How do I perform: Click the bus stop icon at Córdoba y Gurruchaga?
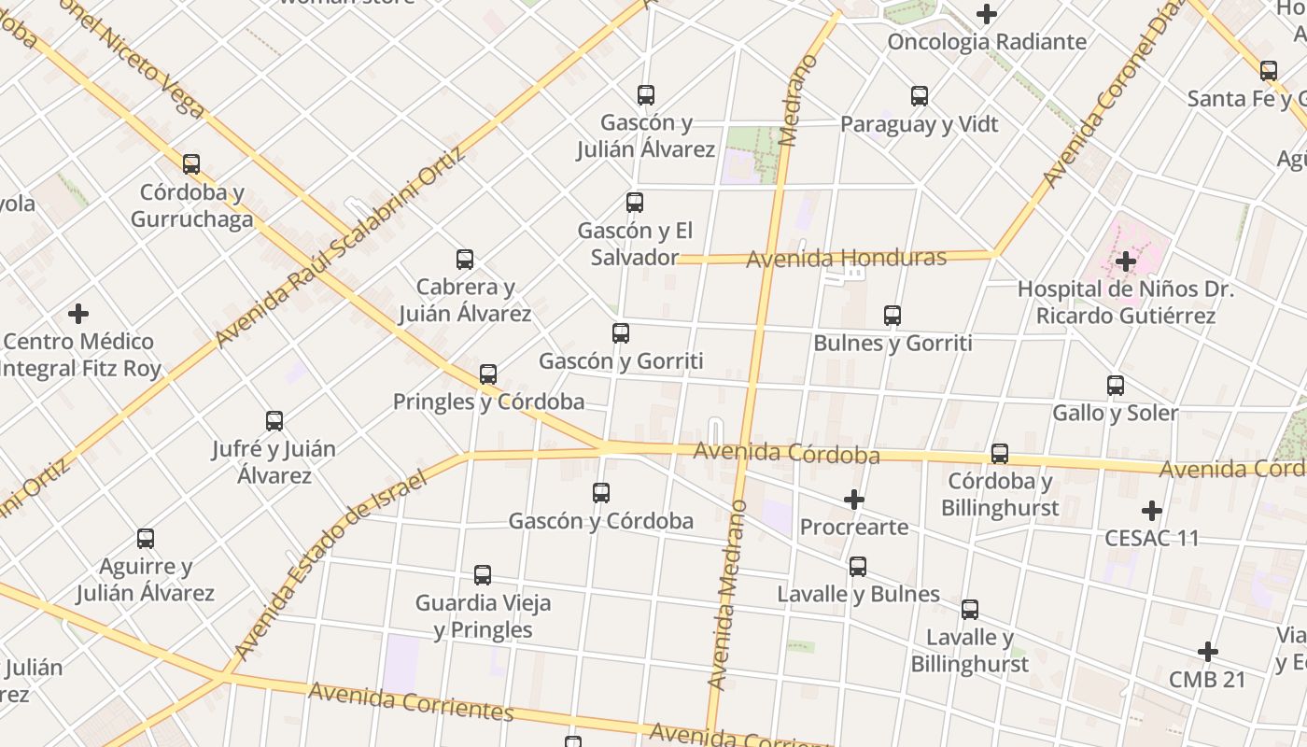[191, 164]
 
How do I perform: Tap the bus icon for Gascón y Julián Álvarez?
[645, 94]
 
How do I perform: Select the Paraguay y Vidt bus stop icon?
[920, 95]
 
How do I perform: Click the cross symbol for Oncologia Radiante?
[987, 14]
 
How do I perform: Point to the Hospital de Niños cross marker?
[1126, 261]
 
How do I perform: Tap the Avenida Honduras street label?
[846, 258]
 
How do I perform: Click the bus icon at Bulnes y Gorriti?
[892, 316]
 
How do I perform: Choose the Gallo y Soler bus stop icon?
[1116, 385]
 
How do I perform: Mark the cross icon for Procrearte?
[854, 500]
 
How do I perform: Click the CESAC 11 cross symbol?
[1152, 511]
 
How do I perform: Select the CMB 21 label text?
[1208, 680]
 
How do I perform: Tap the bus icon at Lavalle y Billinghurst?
[970, 610]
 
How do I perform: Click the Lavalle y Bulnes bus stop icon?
[858, 566]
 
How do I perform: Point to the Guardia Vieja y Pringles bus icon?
[483, 575]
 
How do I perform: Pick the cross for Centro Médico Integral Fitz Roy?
[78, 314]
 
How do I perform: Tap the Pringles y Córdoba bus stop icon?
[488, 374]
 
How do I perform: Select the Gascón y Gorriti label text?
[621, 361]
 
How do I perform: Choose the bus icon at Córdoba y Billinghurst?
[1000, 454]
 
